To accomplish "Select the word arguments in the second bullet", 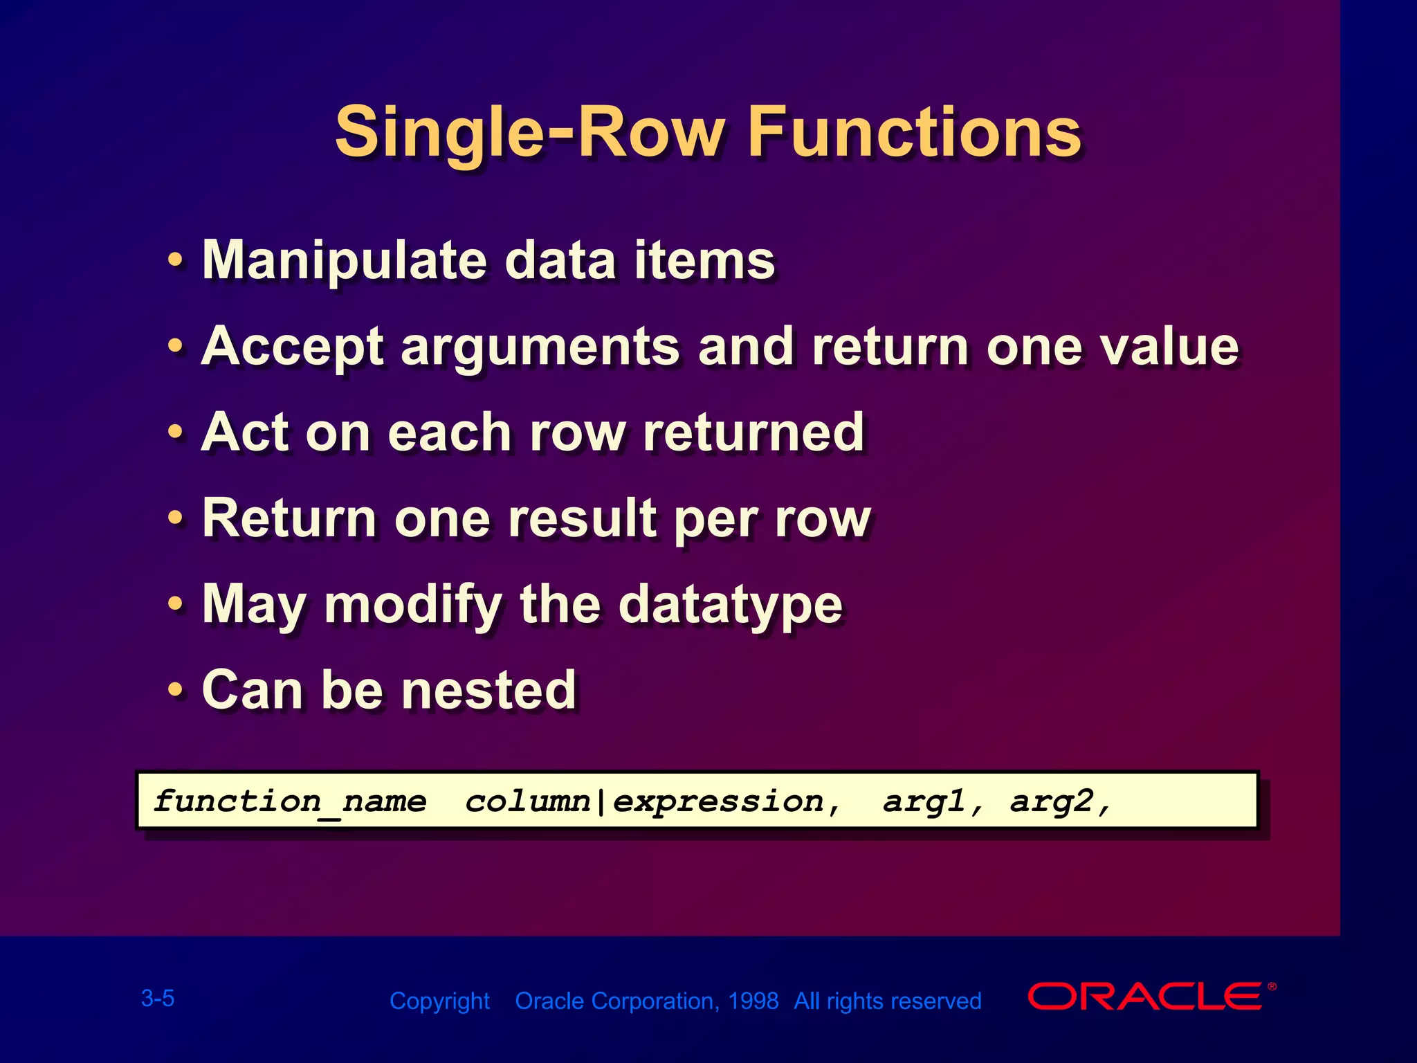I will coord(540,347).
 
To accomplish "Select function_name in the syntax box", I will coord(290,801).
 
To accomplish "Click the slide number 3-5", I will coord(158,998).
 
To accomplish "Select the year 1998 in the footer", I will coord(753,1001).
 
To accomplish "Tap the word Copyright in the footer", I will coord(439,1001).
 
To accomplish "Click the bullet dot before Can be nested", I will coord(176,690).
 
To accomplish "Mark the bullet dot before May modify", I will coord(176,604).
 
